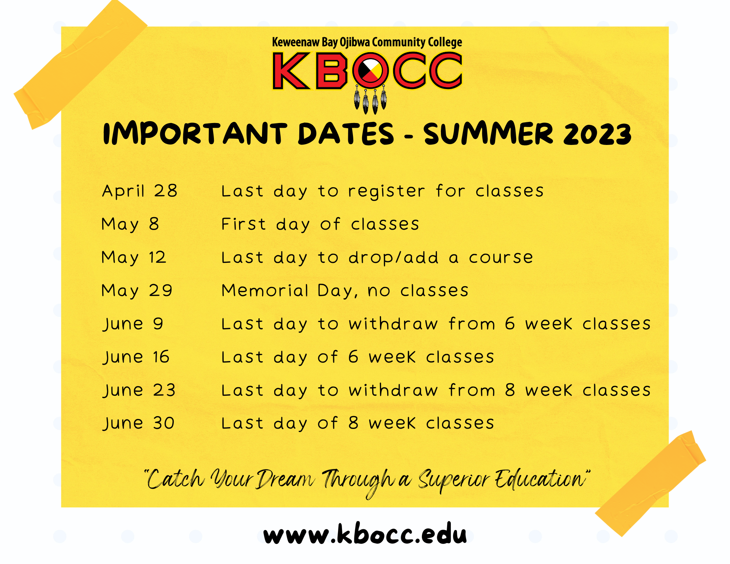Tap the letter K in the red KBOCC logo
[x=291, y=71]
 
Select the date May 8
[x=130, y=224]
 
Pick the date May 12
[x=134, y=257]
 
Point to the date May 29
[x=137, y=291]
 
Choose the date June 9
[x=133, y=324]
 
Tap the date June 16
[x=136, y=357]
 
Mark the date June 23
[x=139, y=390]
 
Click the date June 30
[x=139, y=423]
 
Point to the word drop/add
[x=393, y=258]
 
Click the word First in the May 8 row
[x=243, y=224]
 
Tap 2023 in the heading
[x=598, y=134]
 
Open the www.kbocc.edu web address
[x=365, y=534]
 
